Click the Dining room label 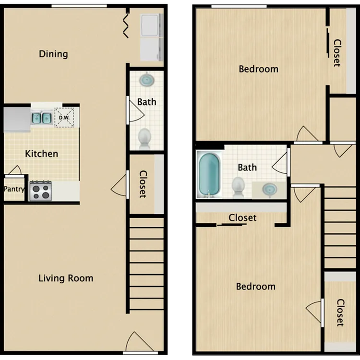[53, 54]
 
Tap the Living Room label [66, 278]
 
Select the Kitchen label [42, 154]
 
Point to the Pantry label [14, 189]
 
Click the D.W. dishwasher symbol [64, 118]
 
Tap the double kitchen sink [41, 118]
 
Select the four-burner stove [41, 191]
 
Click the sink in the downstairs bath [147, 79]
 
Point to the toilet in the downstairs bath [144, 138]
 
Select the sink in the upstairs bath [270, 189]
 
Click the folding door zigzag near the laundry [126, 26]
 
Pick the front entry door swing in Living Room [140, 342]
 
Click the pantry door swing [15, 170]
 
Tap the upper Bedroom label [259, 69]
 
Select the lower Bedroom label [256, 287]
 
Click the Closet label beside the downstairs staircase [143, 184]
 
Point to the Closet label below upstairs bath [242, 217]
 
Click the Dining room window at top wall [79, 6]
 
